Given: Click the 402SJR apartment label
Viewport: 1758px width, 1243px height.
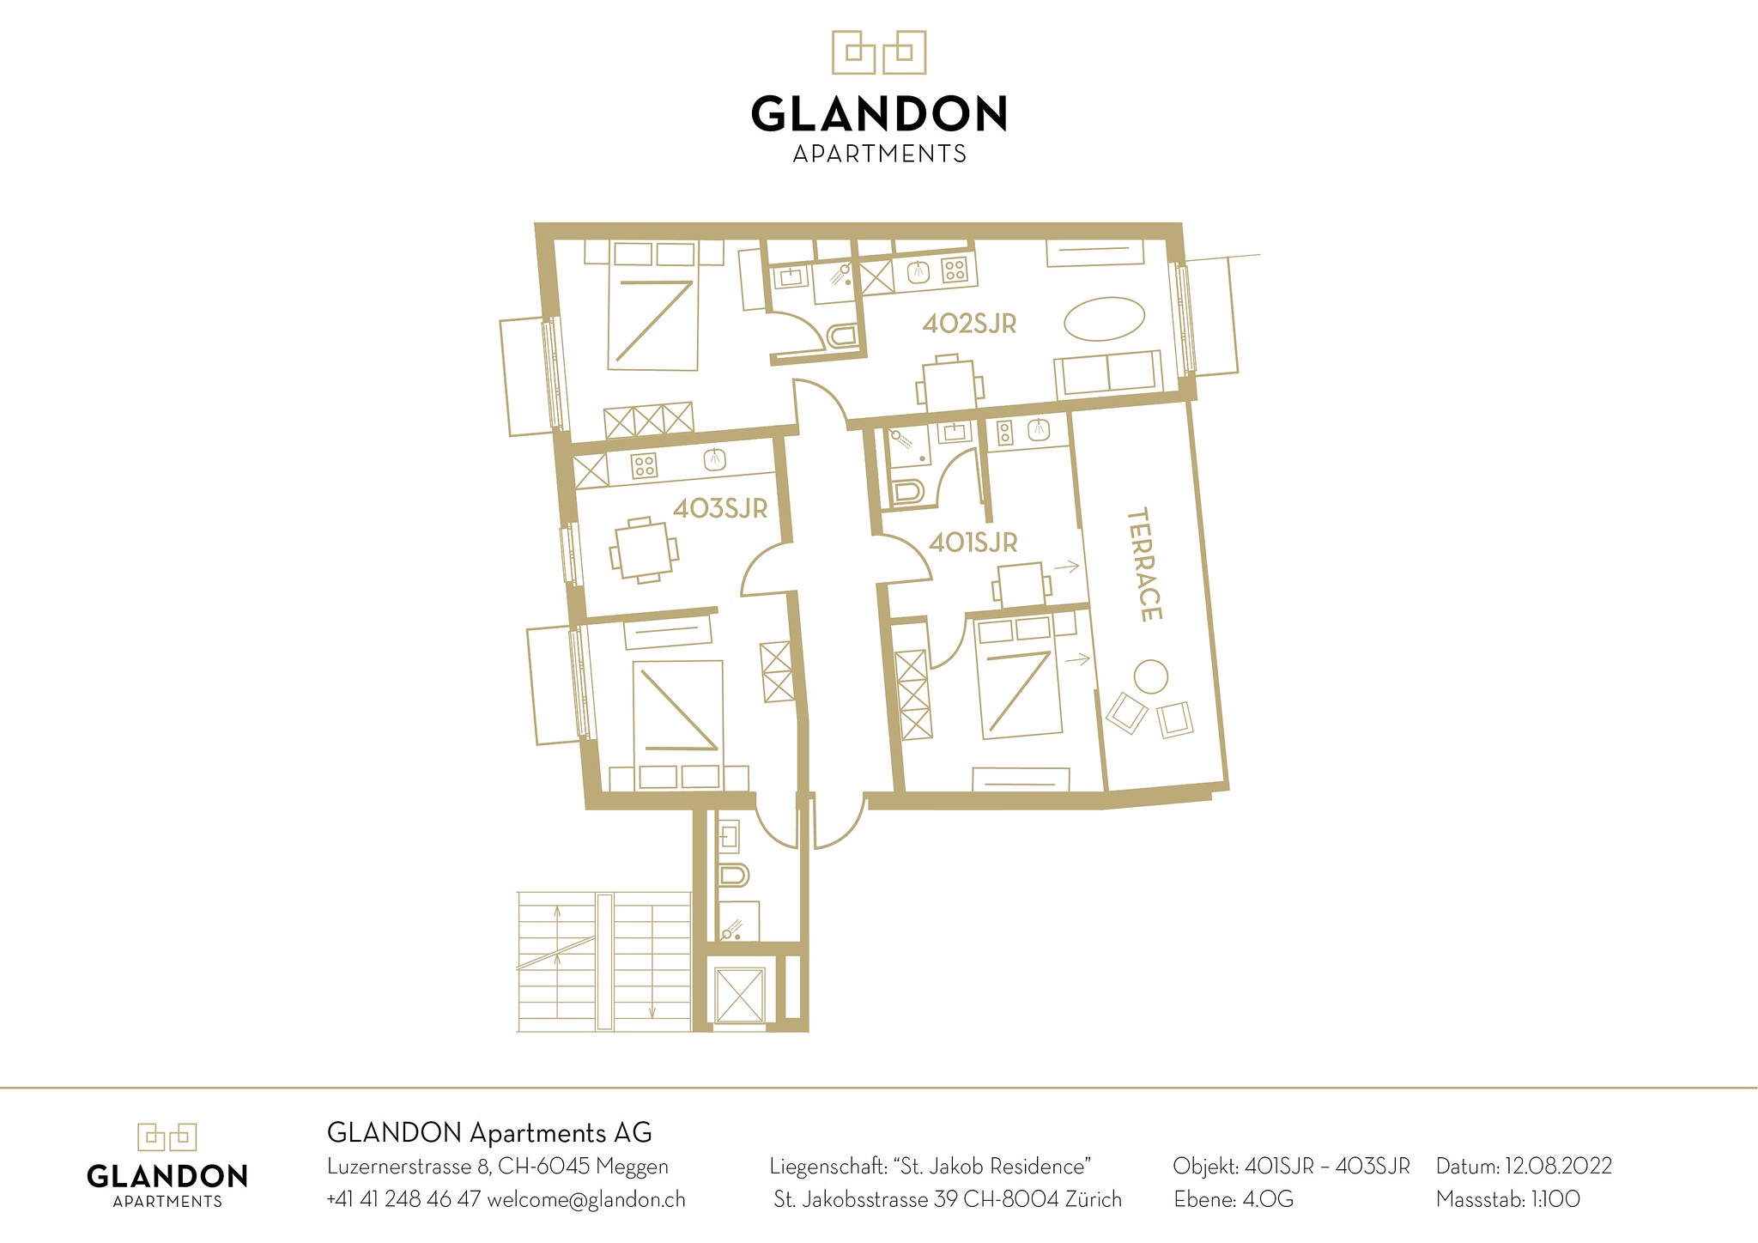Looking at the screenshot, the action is (x=969, y=324).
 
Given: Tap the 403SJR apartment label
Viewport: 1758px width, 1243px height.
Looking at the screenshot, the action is (x=719, y=508).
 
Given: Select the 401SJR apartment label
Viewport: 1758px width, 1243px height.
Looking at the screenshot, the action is (x=973, y=543).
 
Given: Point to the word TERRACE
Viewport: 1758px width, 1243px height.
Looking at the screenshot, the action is (x=1144, y=564).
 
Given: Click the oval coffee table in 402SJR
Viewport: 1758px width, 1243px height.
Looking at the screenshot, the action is (x=1104, y=319).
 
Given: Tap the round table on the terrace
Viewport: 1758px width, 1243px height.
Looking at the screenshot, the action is (x=1150, y=676).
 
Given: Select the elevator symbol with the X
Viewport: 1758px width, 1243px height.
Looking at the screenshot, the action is (x=739, y=995).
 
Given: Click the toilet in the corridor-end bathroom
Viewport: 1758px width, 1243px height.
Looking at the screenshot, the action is (x=733, y=875).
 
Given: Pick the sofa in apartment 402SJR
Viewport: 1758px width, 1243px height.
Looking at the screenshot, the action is (x=1108, y=373).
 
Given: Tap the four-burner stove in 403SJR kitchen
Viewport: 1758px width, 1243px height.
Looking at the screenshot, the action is (x=644, y=465).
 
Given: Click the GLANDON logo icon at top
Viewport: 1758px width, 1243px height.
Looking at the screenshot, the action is (x=879, y=52).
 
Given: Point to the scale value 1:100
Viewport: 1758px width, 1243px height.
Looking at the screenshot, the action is (x=1555, y=1199).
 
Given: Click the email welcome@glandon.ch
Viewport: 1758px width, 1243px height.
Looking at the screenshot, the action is (x=586, y=1199).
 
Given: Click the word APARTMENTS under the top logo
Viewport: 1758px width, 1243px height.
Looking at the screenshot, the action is (x=879, y=154).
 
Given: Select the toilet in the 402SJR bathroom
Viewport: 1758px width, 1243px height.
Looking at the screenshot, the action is (x=841, y=336).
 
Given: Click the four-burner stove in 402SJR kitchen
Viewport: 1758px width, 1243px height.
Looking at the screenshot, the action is (x=954, y=270).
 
